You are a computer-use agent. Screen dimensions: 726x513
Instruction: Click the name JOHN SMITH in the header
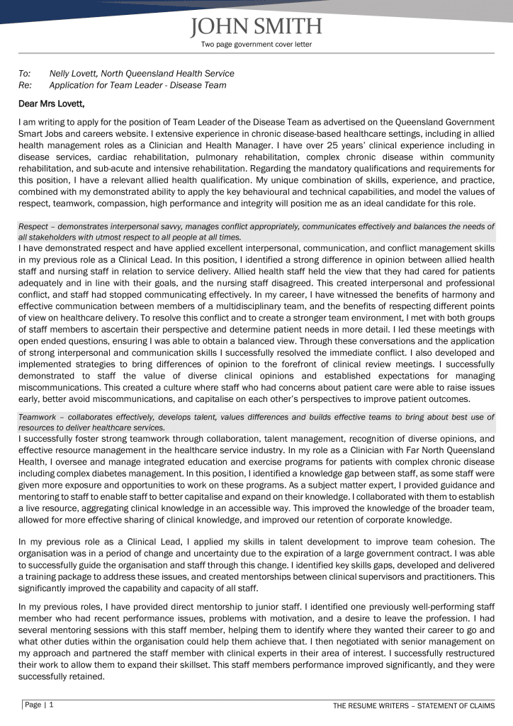pos(256,27)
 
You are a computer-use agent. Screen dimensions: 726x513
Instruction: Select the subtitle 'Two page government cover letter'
pos(256,45)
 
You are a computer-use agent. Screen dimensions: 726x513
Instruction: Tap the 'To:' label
pos(25,73)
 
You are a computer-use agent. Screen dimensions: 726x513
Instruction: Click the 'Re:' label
pos(25,85)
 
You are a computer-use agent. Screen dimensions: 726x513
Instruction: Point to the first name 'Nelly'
pos(62,73)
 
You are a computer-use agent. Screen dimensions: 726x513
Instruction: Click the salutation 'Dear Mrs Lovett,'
pos(51,104)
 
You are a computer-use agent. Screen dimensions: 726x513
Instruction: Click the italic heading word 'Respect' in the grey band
pos(33,226)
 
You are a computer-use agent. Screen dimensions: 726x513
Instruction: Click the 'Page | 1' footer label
pos(40,705)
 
